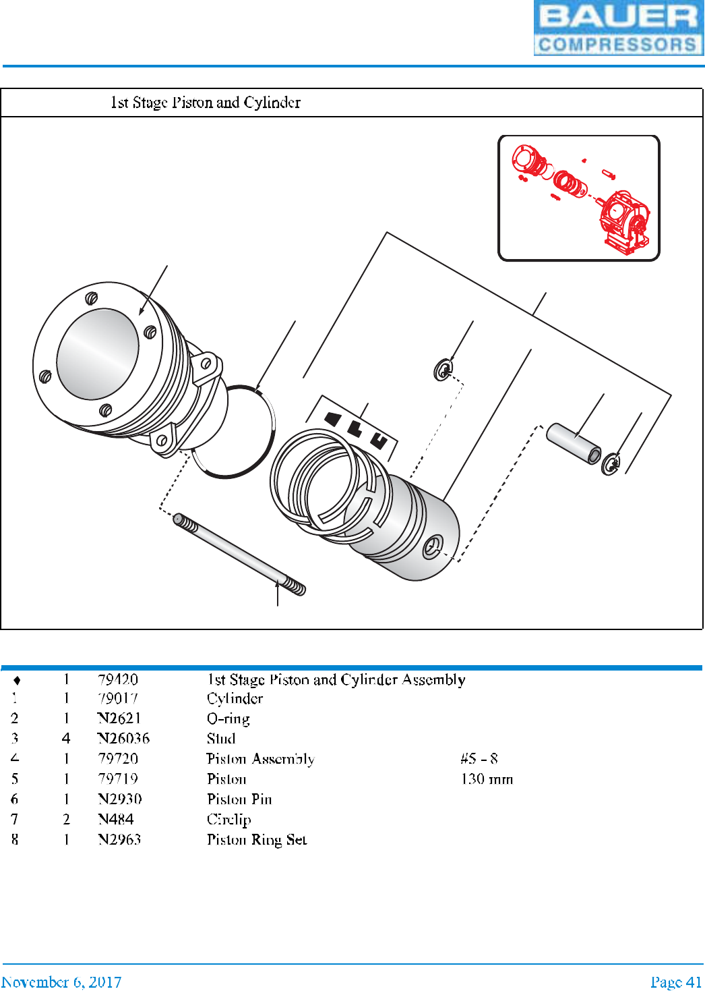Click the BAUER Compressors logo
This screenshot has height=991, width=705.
[618, 28]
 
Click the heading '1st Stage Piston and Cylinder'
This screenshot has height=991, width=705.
[206, 103]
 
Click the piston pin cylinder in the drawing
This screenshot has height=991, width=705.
[573, 443]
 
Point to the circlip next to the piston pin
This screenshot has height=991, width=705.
[611, 464]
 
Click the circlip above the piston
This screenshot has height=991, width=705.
[443, 370]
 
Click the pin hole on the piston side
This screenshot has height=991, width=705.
[431, 547]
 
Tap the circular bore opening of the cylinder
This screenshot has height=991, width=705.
[98, 353]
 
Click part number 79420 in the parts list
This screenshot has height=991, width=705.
[118, 679]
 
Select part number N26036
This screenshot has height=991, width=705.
[123, 739]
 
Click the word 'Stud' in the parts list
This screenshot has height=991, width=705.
[221, 739]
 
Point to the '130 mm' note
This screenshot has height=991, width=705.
[487, 779]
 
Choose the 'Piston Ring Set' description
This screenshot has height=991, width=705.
[257, 840]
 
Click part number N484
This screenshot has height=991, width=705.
[116, 820]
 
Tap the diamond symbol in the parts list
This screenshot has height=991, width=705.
[17, 680]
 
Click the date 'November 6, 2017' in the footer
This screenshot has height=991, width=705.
[61, 982]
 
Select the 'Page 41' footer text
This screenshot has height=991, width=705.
[675, 982]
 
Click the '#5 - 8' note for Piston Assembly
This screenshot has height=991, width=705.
[479, 759]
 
